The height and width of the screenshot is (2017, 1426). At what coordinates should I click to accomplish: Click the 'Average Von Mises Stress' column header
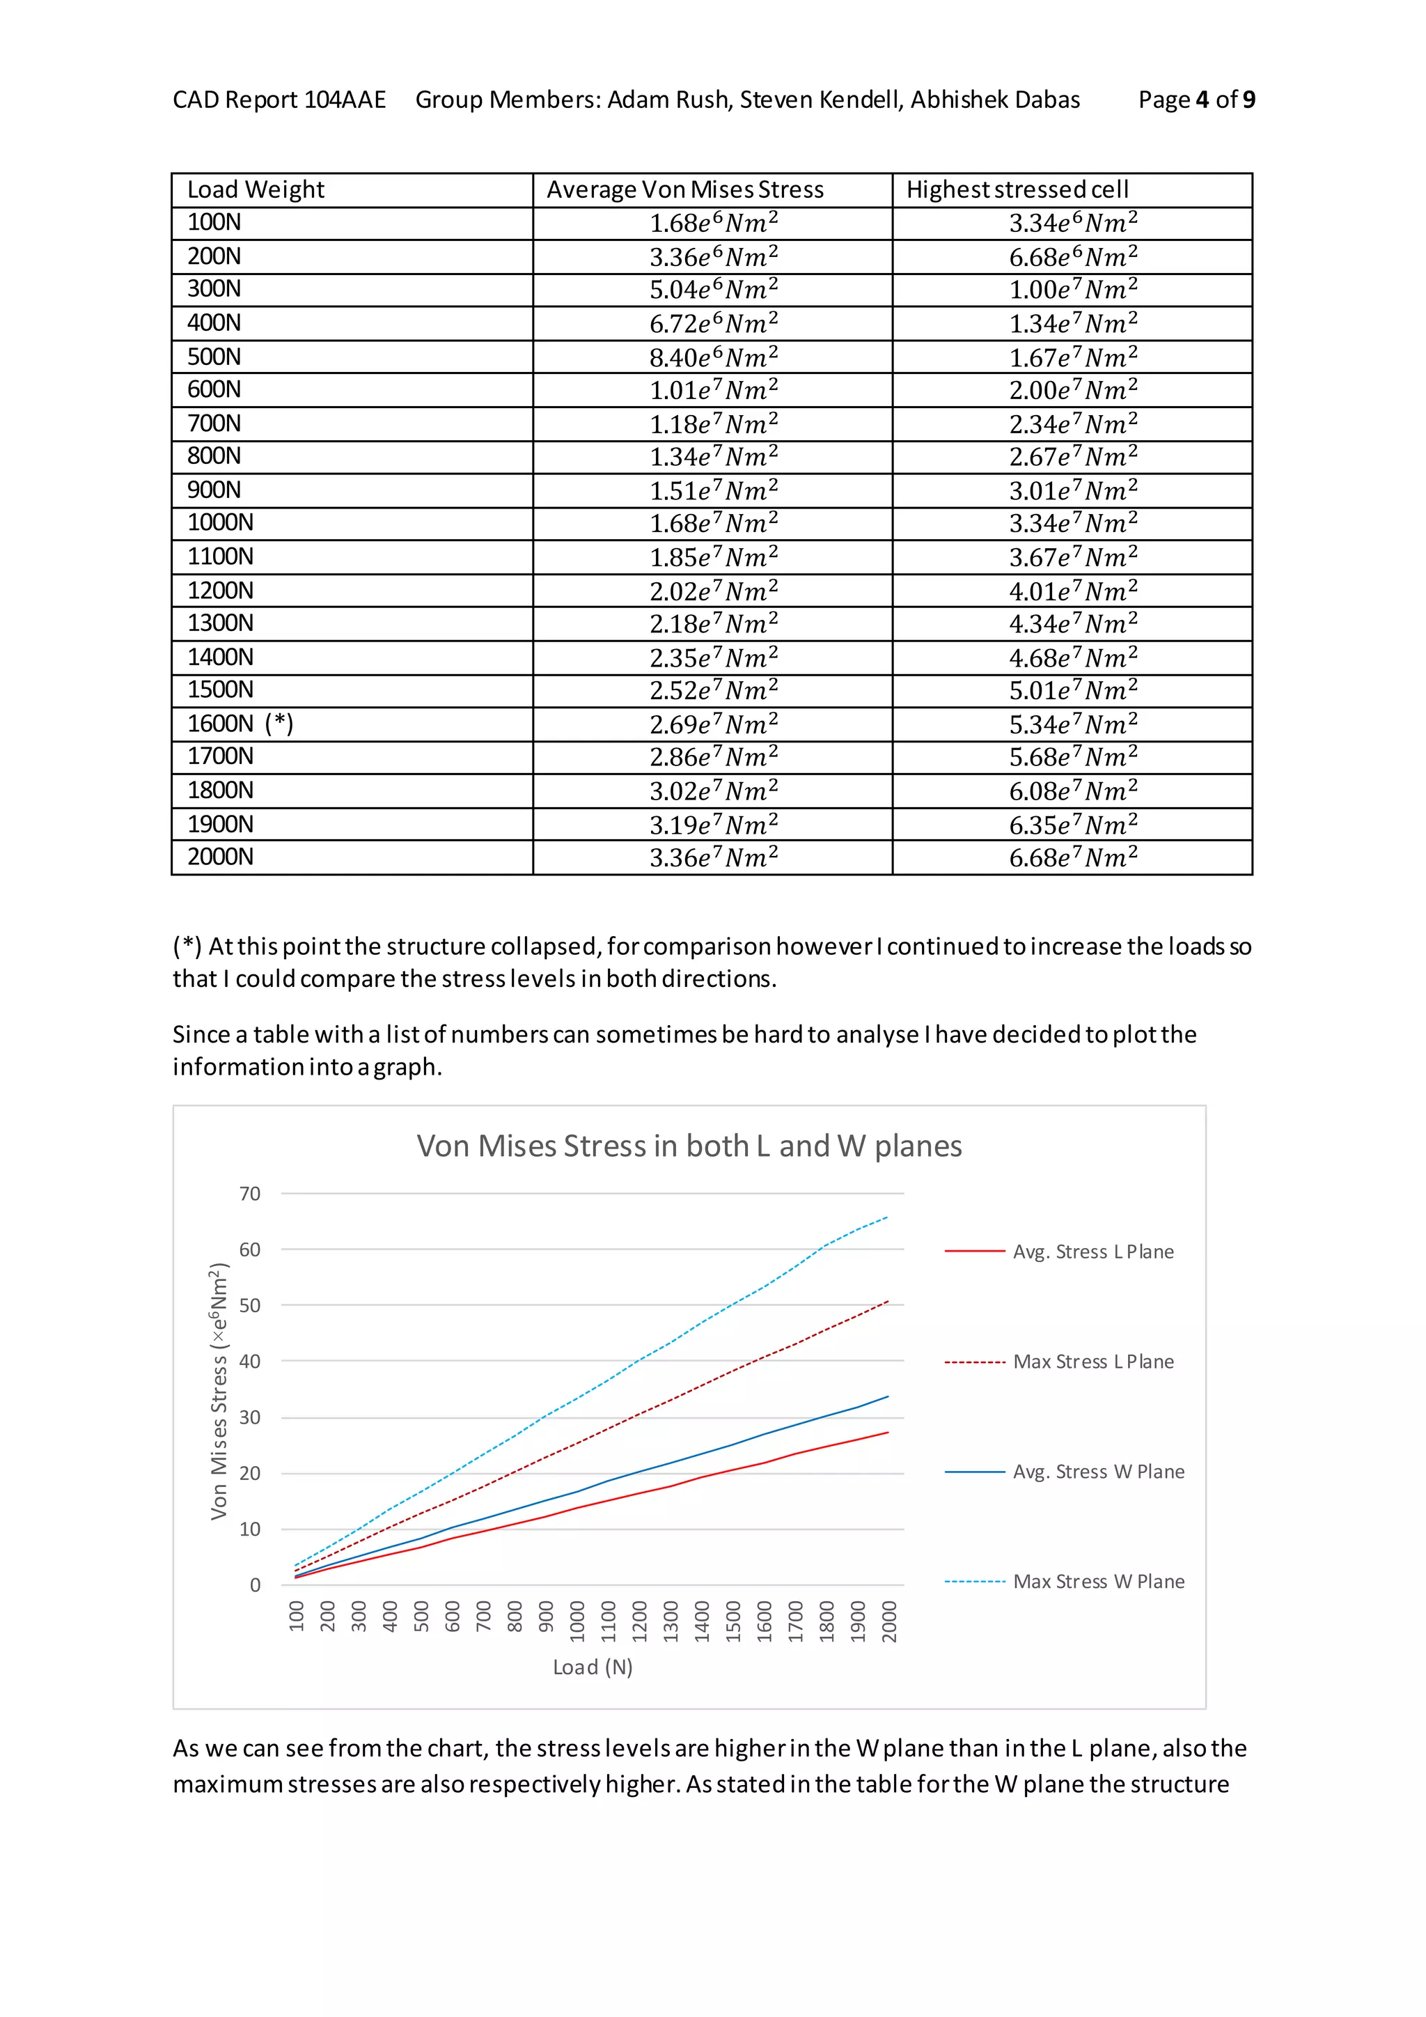[685, 189]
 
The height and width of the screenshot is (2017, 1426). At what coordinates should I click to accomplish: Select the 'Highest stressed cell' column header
[1017, 189]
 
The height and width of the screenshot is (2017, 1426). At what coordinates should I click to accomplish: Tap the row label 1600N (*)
[240, 724]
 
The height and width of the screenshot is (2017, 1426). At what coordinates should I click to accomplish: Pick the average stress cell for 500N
[713, 357]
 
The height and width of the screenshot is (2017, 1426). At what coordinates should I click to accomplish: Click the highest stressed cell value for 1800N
[1072, 791]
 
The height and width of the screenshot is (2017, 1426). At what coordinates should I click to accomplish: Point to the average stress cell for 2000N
[713, 857]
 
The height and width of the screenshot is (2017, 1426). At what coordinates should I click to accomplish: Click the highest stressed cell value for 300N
[1072, 290]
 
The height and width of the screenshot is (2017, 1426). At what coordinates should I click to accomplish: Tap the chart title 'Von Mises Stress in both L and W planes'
[689, 1146]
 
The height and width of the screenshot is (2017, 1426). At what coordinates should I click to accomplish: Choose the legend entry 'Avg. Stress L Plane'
[1092, 1252]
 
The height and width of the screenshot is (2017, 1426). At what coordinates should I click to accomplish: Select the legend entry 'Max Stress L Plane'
[1092, 1362]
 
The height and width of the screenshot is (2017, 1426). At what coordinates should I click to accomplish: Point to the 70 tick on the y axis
[250, 1194]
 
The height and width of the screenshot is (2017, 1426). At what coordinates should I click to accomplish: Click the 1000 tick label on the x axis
[577, 1621]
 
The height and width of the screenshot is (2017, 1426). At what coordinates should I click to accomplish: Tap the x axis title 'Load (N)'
[593, 1667]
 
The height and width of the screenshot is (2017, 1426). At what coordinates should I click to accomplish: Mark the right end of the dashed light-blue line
[888, 1217]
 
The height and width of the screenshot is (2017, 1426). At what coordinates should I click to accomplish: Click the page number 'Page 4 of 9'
[1196, 100]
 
